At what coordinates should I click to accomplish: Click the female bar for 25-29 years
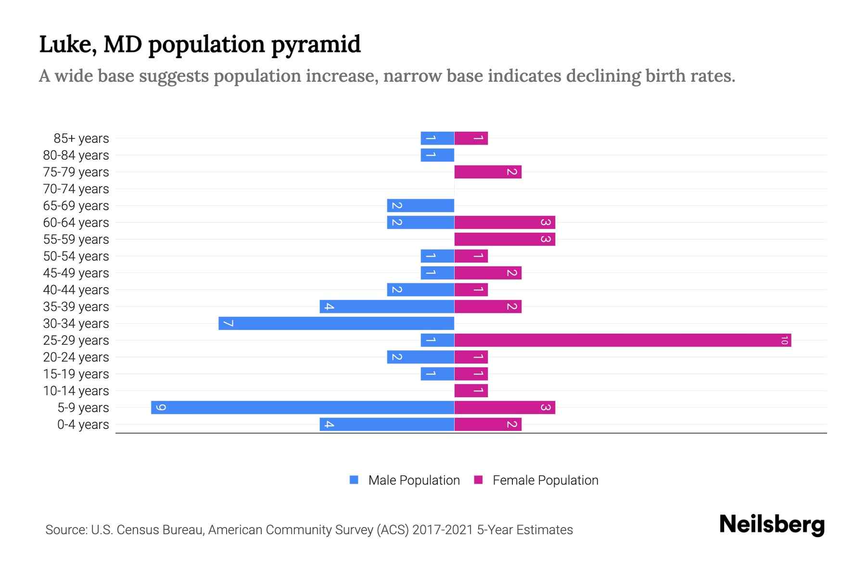click(623, 340)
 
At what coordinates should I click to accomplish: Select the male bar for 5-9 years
click(303, 408)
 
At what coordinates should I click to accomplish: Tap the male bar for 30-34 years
click(336, 324)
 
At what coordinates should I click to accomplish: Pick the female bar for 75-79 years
click(488, 172)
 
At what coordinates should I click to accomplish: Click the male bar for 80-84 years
click(437, 155)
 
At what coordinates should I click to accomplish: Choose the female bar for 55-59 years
click(505, 239)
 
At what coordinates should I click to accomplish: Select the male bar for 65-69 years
click(420, 206)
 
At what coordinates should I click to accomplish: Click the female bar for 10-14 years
click(471, 391)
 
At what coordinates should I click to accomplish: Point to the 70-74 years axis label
click(76, 189)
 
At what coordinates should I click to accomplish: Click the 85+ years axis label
click(81, 138)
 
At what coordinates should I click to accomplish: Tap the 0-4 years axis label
click(83, 425)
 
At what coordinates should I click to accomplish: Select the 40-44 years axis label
click(76, 290)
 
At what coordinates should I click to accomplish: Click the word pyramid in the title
click(316, 45)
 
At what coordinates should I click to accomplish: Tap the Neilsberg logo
click(772, 525)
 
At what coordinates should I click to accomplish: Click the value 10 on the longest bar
click(784, 340)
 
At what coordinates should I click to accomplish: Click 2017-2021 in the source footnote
click(443, 530)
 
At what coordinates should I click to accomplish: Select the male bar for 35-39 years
click(387, 307)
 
